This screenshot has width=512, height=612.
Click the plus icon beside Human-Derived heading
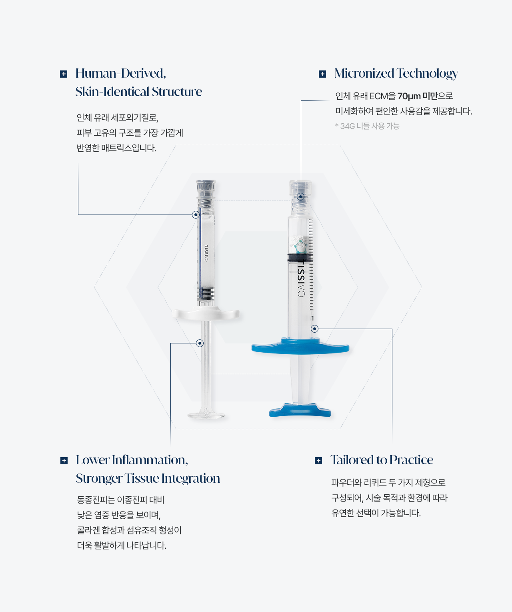[x=64, y=74]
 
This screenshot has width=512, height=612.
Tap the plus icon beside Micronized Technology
[x=322, y=74]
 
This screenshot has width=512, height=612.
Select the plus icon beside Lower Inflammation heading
[x=64, y=461]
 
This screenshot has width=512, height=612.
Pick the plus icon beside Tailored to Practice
[x=318, y=461]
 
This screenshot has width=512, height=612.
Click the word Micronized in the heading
[x=364, y=73]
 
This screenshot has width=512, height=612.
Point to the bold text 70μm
[x=409, y=96]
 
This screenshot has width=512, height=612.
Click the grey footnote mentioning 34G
[x=367, y=126]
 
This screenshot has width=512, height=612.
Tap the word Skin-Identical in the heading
[x=112, y=92]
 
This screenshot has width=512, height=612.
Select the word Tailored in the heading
[x=352, y=460]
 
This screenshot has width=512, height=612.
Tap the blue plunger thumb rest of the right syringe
[x=300, y=410]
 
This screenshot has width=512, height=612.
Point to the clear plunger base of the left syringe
[x=206, y=414]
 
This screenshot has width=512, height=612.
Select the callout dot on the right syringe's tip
[x=300, y=197]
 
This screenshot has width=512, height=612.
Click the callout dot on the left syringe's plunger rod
[x=200, y=343]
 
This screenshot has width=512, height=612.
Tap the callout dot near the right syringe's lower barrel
[x=314, y=329]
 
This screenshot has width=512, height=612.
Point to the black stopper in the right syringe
[x=300, y=257]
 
